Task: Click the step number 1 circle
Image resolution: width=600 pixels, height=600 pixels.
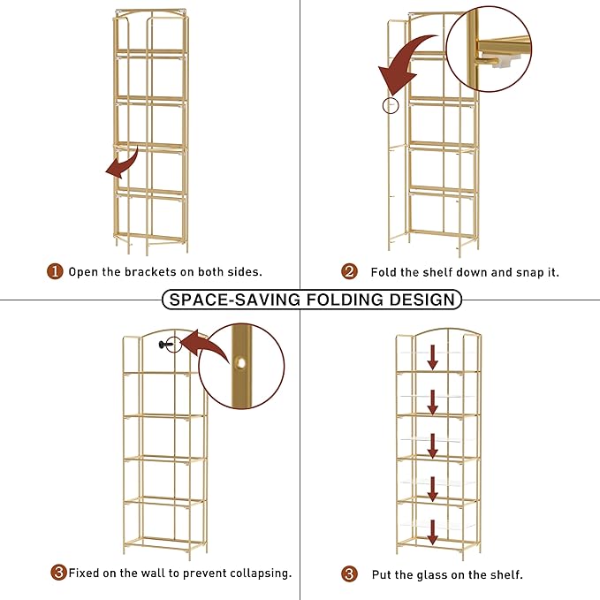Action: [55, 271]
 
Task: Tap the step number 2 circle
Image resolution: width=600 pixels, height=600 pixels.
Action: [349, 271]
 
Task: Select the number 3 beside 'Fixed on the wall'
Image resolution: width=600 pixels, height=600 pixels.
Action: [58, 573]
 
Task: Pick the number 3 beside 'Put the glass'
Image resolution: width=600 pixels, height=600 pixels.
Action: [349, 573]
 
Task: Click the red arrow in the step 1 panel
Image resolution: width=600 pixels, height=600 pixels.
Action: [123, 163]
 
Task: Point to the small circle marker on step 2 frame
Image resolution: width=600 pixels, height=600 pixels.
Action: [391, 105]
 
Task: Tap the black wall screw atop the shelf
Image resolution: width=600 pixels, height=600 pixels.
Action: [163, 345]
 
